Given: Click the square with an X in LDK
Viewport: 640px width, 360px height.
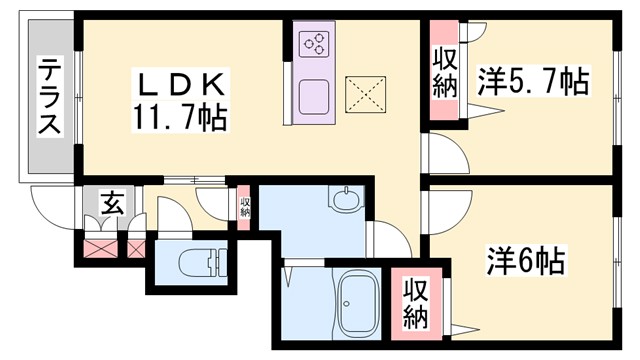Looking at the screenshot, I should pyautogui.click(x=362, y=95).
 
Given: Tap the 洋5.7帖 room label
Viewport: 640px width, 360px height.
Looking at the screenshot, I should pyautogui.click(x=532, y=80).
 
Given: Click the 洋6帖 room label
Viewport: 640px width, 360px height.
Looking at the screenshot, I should pyautogui.click(x=526, y=263).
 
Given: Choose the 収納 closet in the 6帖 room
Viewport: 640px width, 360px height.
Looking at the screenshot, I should pyautogui.click(x=416, y=303).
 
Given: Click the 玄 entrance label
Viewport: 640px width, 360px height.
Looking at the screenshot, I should pyautogui.click(x=110, y=206).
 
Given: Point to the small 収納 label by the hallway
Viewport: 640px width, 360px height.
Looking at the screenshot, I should pyautogui.click(x=245, y=207).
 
